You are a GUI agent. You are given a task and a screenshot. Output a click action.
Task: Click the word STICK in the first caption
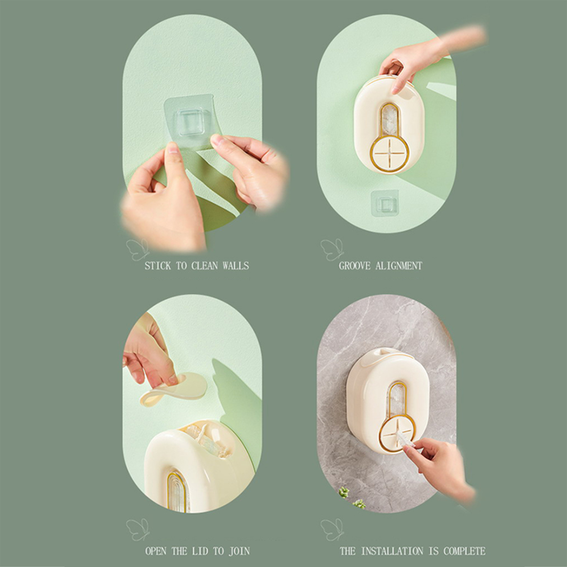158,266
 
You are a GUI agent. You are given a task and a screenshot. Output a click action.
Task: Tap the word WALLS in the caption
236,266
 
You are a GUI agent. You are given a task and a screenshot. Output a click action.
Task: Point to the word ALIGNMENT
399,266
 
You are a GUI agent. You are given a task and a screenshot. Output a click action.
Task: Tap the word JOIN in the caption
239,551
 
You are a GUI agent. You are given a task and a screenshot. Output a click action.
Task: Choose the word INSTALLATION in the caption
392,551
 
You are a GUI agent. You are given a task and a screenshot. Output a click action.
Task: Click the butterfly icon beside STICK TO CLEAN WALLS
137,249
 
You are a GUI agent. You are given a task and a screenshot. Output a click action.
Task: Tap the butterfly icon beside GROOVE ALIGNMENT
332,249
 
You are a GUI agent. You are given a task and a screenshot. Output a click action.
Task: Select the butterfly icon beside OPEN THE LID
137,530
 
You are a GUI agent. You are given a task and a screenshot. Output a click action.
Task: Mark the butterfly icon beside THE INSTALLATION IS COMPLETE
332,530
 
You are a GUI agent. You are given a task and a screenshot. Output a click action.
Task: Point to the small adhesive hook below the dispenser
385,203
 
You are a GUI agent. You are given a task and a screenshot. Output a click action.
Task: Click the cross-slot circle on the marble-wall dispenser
397,434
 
